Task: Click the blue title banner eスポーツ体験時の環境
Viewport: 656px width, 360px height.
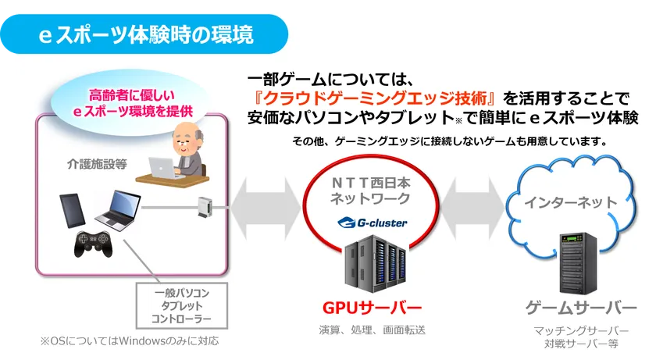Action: click(144, 34)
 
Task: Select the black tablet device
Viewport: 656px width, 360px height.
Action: click(73, 210)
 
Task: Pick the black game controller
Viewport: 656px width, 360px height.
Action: click(93, 244)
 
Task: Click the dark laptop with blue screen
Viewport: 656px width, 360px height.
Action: click(118, 210)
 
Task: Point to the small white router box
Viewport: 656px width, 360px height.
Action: click(205, 206)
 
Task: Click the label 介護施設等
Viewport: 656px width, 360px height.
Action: click(97, 164)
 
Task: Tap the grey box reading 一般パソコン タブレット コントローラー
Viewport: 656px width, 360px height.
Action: click(182, 305)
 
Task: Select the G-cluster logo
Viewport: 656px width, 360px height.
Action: click(372, 223)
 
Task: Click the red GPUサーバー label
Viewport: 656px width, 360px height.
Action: click(372, 308)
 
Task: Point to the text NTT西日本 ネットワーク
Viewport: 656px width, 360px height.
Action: click(371, 191)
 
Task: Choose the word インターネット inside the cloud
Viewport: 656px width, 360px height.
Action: click(571, 203)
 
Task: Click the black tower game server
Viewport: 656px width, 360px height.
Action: click(579, 263)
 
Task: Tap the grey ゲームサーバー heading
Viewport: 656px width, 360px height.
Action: click(581, 308)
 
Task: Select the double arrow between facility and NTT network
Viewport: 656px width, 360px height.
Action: click(266, 208)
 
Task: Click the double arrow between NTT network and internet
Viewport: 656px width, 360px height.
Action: click(472, 208)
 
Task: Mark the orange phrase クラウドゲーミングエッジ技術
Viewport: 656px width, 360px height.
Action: click(376, 98)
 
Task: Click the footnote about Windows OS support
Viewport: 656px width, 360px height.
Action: click(130, 341)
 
